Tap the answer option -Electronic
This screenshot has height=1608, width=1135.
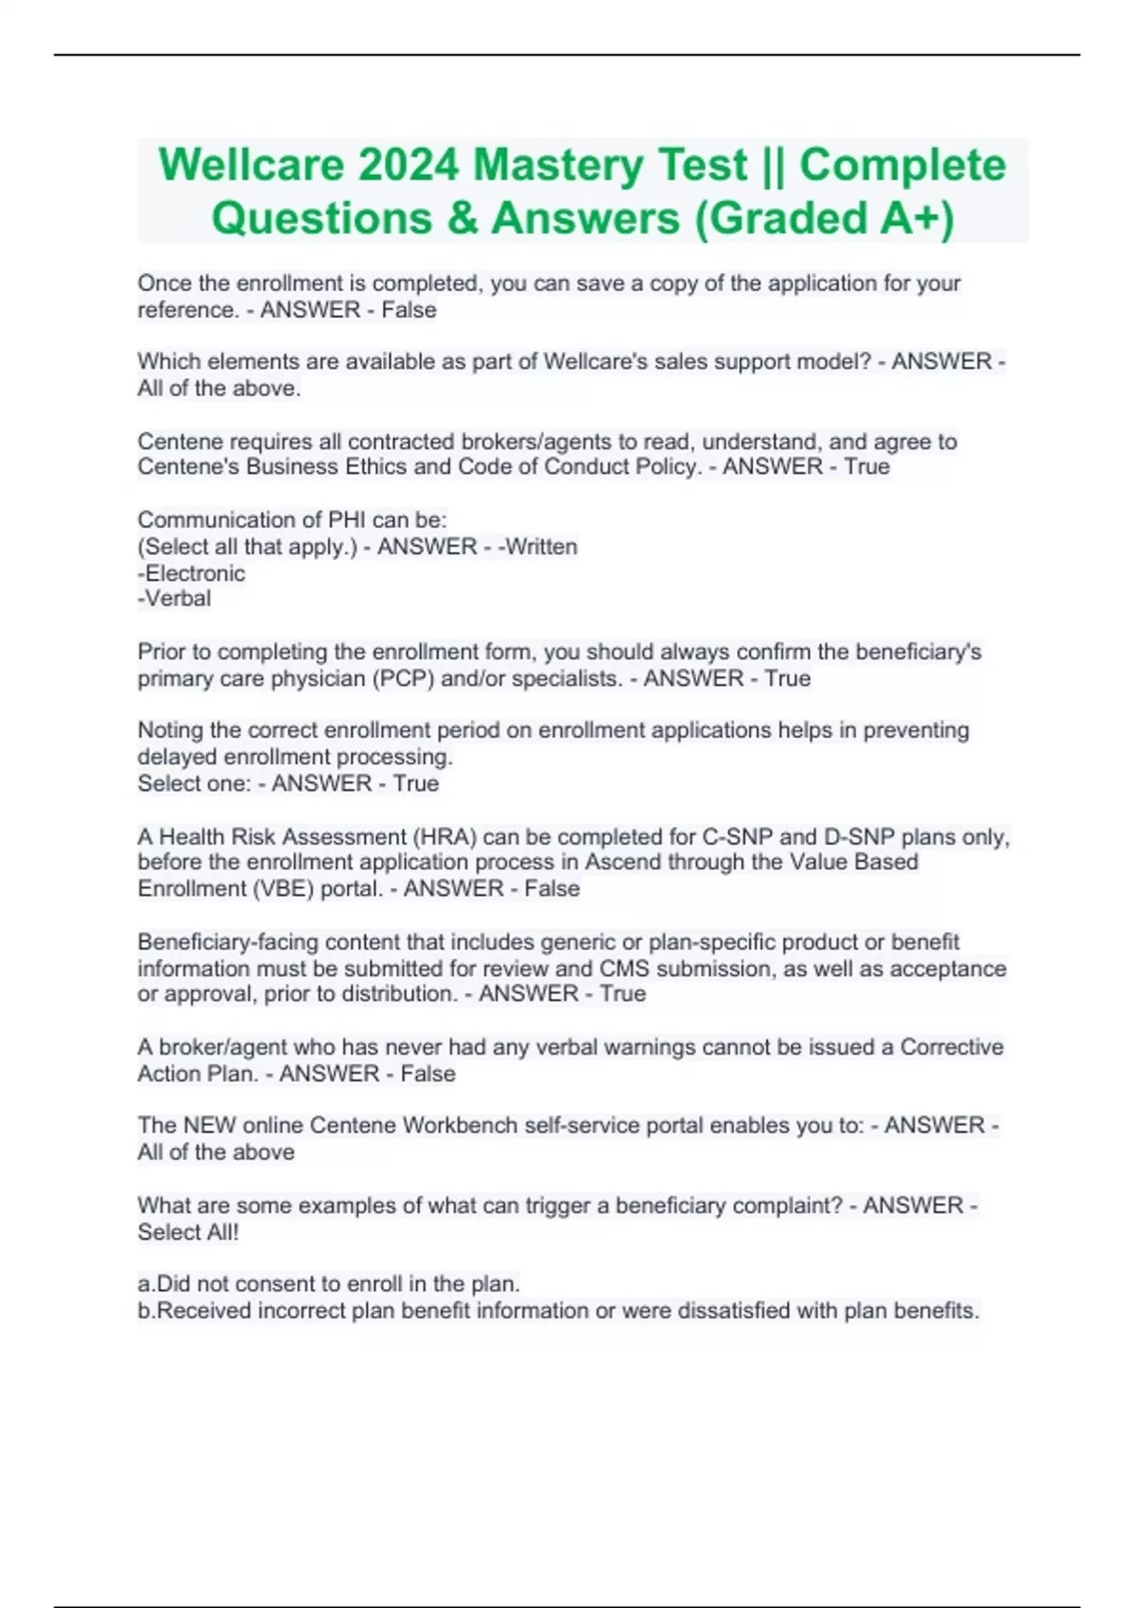[191, 573]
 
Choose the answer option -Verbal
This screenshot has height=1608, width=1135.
[174, 599]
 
